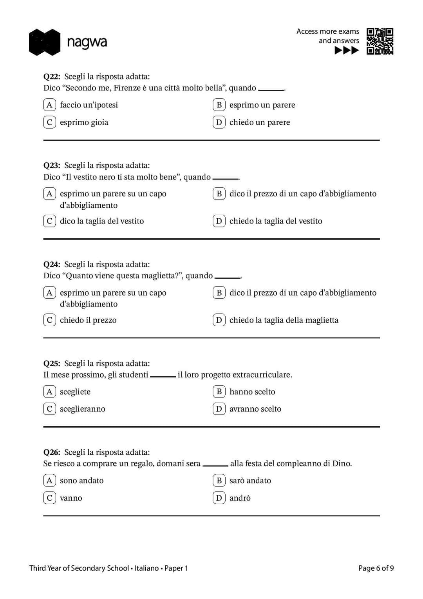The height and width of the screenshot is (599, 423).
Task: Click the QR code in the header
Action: tap(380, 41)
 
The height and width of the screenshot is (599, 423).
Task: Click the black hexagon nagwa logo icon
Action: tap(45, 42)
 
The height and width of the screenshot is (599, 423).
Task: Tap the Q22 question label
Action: tap(52, 76)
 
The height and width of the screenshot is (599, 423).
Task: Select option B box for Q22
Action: tap(219, 105)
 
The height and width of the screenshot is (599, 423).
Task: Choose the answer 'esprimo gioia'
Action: tap(84, 122)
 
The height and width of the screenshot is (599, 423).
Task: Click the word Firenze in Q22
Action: tap(127, 88)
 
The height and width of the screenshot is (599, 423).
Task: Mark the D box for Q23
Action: tap(219, 221)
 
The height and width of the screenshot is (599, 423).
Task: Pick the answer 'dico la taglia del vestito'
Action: tap(102, 221)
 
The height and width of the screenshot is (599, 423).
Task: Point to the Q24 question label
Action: tap(52, 264)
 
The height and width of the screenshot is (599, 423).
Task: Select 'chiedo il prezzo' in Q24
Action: tap(88, 320)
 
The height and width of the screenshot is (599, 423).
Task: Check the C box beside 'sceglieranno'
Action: tap(49, 409)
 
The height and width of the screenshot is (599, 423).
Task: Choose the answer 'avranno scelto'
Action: tap(255, 409)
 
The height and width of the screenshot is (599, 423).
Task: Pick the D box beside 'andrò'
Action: tap(219, 498)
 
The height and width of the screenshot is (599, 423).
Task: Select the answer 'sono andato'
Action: tap(81, 481)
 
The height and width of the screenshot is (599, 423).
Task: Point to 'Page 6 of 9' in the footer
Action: tap(376, 568)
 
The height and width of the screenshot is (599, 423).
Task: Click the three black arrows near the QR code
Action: tap(347, 50)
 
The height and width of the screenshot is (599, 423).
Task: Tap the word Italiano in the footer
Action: tap(146, 568)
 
